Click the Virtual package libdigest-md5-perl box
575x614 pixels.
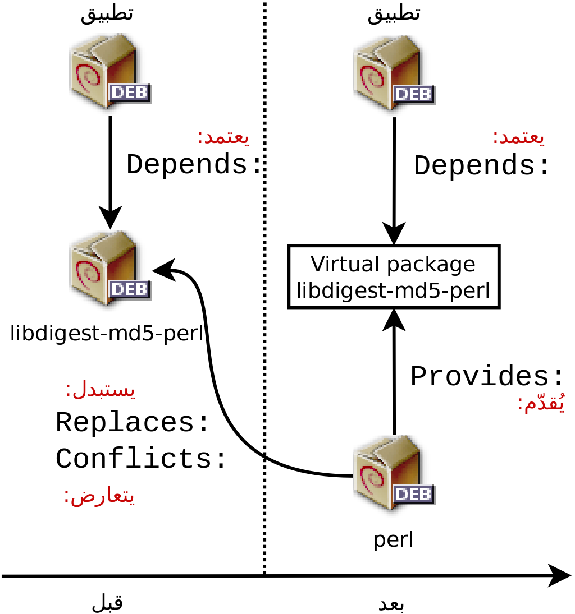(394, 276)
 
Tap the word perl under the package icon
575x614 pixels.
(394, 539)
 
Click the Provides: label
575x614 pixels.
(487, 377)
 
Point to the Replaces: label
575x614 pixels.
(133, 422)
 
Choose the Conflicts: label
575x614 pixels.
(141, 459)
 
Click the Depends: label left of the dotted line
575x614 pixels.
(194, 165)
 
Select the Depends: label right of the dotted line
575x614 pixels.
(482, 166)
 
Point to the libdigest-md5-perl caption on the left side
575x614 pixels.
(107, 334)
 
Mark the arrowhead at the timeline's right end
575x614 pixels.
(560, 575)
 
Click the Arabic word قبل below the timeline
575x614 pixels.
(107, 603)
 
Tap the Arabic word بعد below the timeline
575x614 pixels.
(391, 604)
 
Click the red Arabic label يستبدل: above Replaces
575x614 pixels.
(101, 390)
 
